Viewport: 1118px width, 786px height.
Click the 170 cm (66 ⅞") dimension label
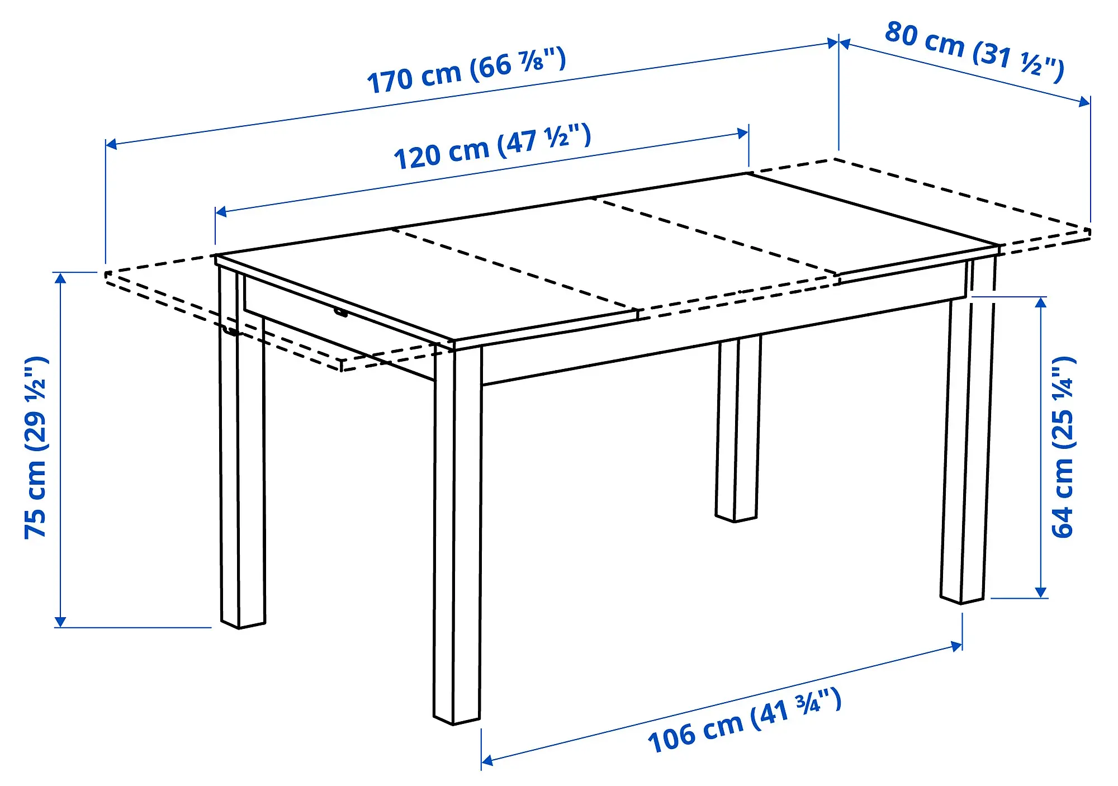click(466, 71)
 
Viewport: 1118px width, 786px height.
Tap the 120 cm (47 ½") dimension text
click(492, 147)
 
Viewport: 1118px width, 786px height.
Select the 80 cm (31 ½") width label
click(974, 51)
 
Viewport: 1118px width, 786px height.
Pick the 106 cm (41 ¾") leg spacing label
click(744, 722)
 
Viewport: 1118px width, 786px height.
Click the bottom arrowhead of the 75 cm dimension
click(60, 622)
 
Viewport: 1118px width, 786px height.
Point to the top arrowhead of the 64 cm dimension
click(1041, 302)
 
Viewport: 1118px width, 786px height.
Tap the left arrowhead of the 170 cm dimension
click(111, 144)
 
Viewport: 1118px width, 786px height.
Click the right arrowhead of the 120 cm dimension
click(743, 133)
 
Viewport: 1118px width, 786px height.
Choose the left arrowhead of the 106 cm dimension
click(487, 760)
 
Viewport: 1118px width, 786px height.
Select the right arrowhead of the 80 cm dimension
click(1084, 102)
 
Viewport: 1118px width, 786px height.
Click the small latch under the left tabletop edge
click(340, 312)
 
